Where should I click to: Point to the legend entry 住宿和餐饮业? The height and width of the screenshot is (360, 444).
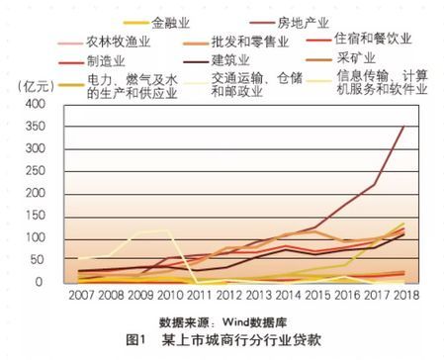point(380,42)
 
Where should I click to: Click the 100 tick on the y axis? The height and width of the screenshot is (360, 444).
point(44,238)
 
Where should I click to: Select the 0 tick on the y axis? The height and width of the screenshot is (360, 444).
point(51,283)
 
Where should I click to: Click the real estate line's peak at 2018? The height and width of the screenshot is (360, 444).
point(403,127)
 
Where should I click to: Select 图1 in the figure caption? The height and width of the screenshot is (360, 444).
point(137,342)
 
